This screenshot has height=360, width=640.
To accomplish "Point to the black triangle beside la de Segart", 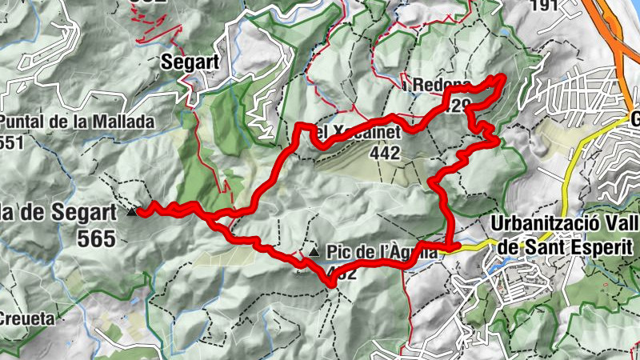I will (132, 212).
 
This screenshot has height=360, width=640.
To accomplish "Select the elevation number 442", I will (386, 154).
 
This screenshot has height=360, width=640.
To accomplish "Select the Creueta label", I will (27, 318).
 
